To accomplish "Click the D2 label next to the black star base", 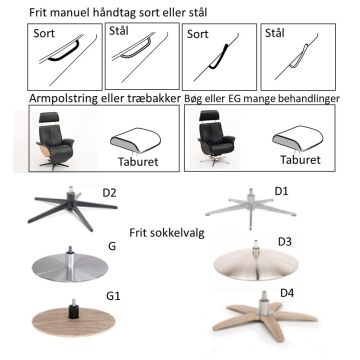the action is tap(109, 193).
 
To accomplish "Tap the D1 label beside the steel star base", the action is tap(282, 191).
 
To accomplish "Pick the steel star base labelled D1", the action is tap(251, 208).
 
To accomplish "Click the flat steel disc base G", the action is tap(70, 266).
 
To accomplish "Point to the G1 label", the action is tap(113, 296).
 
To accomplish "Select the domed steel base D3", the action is tap(256, 262).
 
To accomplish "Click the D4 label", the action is tap(287, 293).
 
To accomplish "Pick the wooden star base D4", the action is tap(265, 316).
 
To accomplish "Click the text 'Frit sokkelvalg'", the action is tap(167, 233).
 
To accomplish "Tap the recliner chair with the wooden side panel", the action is tap(55, 141).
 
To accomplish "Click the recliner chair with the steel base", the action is tap(216, 138).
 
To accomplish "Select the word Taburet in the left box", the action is tap(138, 162).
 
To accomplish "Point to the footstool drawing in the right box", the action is tap(298, 139).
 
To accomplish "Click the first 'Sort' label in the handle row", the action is tap(44, 33).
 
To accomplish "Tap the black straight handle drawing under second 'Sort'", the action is tap(220, 57).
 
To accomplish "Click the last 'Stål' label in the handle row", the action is tap(275, 33).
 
